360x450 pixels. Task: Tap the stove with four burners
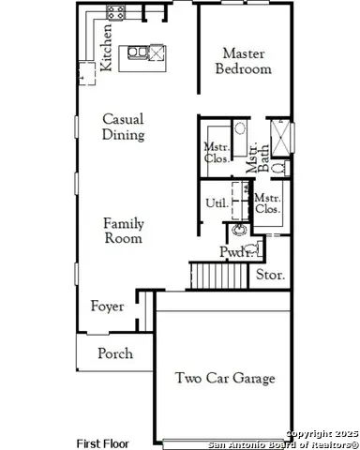pos(115,12)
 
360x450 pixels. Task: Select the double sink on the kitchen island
pos(137,52)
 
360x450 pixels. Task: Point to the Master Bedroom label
pos(243,61)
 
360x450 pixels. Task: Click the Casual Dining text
pos(123,127)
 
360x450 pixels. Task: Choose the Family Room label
pos(123,231)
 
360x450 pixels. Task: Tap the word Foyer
pos(107,307)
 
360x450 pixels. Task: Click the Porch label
pos(115,353)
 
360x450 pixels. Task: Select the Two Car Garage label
pos(225,378)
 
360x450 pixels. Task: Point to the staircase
pos(208,275)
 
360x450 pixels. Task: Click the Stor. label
pos(270,275)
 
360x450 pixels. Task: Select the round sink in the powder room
pos(240,227)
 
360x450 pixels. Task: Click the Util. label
pos(215,203)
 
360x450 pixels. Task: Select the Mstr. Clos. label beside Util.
pos(269,203)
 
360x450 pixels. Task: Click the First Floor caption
pos(102,442)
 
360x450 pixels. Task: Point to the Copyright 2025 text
pos(320,433)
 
